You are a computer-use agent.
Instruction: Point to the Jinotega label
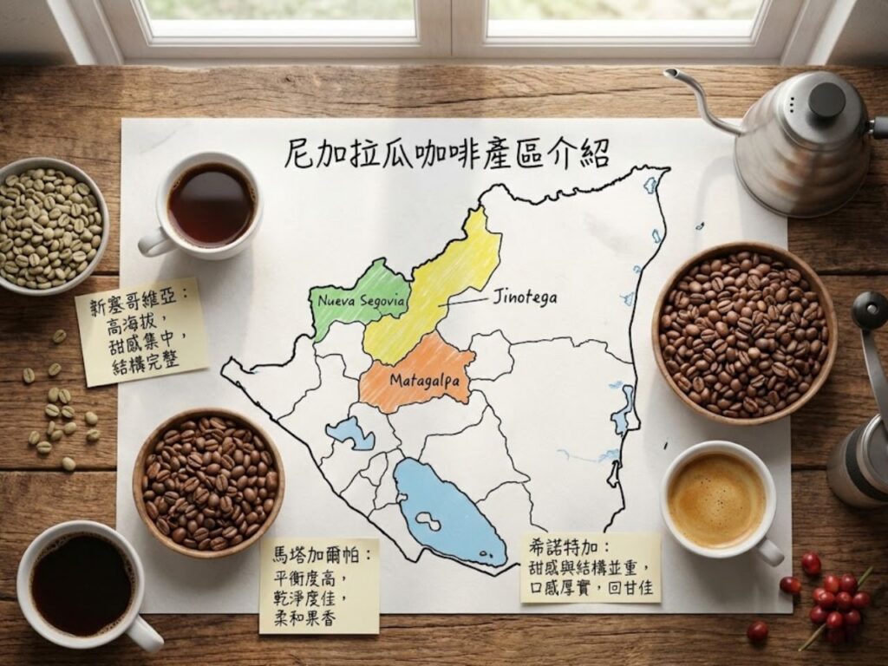(524, 297)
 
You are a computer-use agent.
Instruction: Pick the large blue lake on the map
(447, 512)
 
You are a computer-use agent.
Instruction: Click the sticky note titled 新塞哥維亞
(142, 330)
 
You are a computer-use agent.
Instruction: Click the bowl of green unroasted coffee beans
(50, 225)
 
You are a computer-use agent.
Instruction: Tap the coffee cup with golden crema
(717, 499)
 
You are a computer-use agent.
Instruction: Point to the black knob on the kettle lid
(827, 98)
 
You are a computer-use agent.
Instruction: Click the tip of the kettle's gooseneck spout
(670, 74)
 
